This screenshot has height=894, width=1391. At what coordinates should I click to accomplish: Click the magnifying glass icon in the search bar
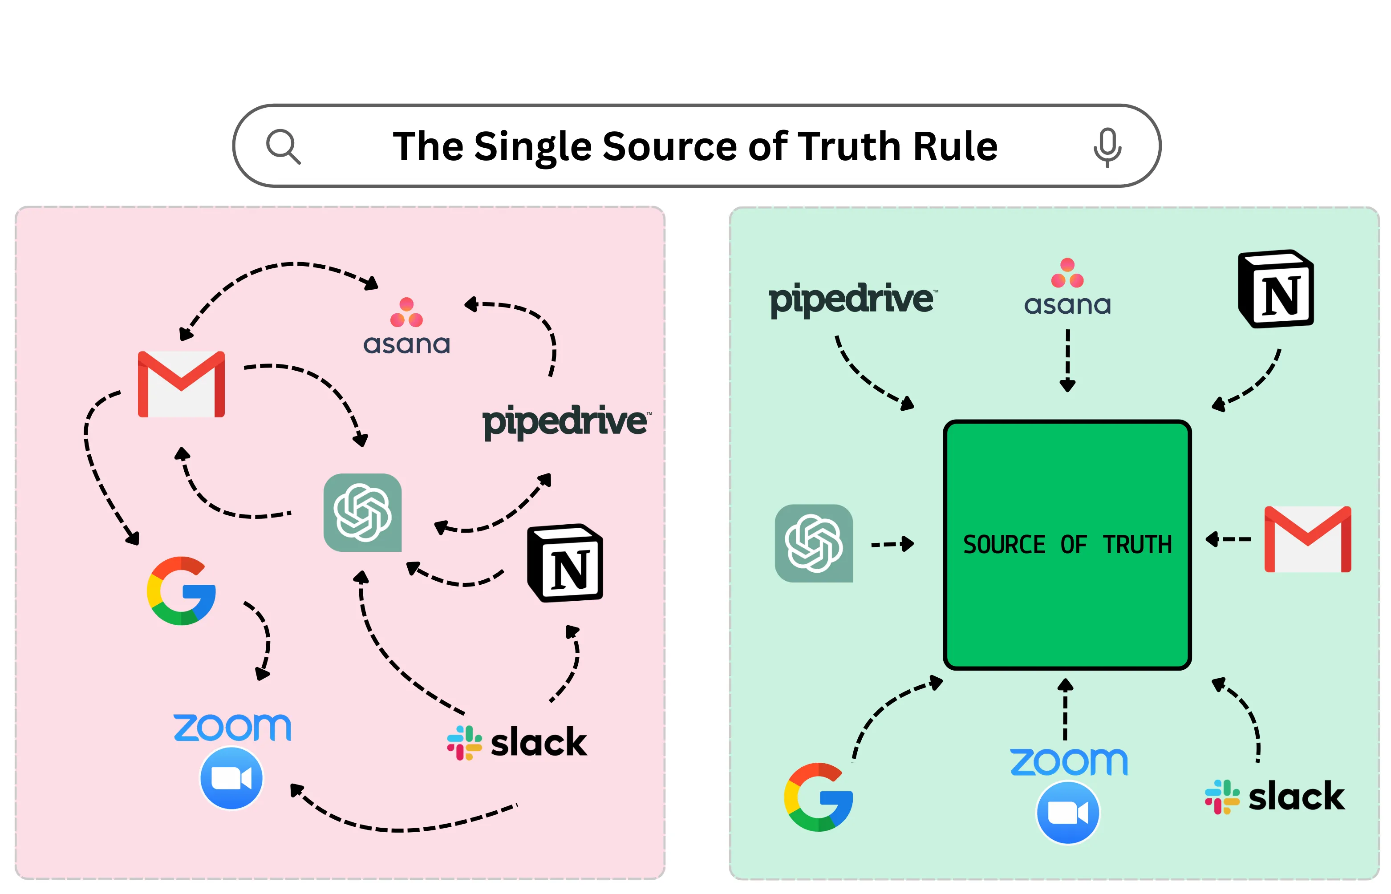point(283,146)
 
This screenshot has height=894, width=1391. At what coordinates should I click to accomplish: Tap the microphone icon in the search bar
point(1107,146)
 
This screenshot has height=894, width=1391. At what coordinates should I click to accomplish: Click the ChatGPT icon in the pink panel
point(362,512)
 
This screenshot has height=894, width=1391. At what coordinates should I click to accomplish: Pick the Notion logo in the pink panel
point(565,562)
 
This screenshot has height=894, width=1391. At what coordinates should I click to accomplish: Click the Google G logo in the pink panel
point(181,591)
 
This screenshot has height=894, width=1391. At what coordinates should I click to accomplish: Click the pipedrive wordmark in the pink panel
point(565,421)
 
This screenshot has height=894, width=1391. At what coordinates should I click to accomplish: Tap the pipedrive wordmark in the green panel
point(851,299)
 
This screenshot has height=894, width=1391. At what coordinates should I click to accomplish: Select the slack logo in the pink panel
point(517,742)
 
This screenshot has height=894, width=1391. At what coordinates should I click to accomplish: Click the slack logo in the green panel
point(1274,797)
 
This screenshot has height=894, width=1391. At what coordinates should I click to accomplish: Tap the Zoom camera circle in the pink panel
point(231,778)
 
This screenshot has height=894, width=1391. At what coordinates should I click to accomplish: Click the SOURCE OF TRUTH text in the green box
point(1067,545)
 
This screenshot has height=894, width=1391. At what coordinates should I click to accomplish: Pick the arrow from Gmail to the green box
point(1228,539)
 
